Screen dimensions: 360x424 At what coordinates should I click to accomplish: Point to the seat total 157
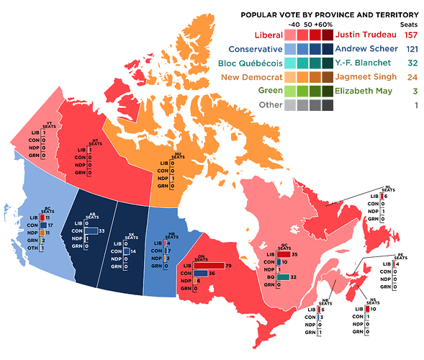[x=411, y=35]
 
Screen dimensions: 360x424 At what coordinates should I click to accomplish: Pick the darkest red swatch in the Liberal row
[x=328, y=35]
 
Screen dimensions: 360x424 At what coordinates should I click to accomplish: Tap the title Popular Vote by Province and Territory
[x=329, y=14]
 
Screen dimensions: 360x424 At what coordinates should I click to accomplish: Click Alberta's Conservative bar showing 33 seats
[x=90, y=230]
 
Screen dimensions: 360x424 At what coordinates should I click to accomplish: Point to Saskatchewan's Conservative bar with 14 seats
[x=125, y=251]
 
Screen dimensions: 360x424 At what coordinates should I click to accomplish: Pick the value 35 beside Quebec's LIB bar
[x=295, y=254]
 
